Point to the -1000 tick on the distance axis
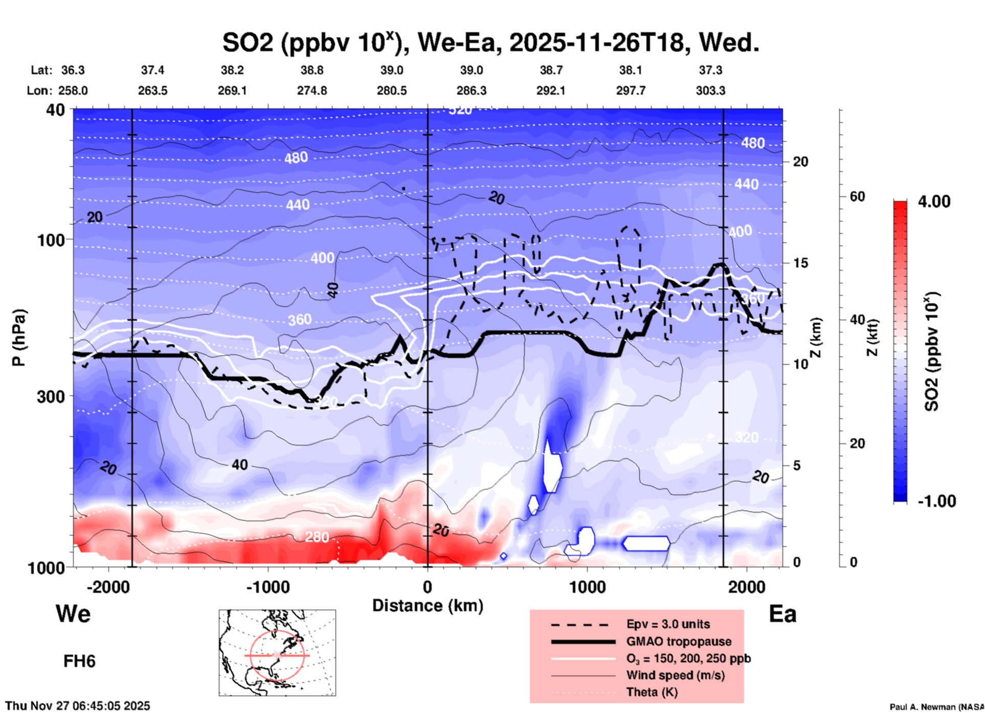pos(267,587)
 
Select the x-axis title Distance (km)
pos(428,606)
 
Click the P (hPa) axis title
pos(19,338)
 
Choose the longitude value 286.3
pos(471,91)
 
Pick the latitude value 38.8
pos(312,70)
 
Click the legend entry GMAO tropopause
pos(679,641)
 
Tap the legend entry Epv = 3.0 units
pos(668,624)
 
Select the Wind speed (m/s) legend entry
pos(675,675)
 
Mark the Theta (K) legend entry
pos(652,692)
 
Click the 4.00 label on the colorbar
pos(934,202)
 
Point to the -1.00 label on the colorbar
pos(936,501)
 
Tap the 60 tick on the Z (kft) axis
pos(857,196)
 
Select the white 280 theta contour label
pos(317,537)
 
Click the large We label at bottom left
pos(73,613)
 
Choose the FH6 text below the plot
pos(79,661)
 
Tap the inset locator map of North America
pos(277,653)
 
